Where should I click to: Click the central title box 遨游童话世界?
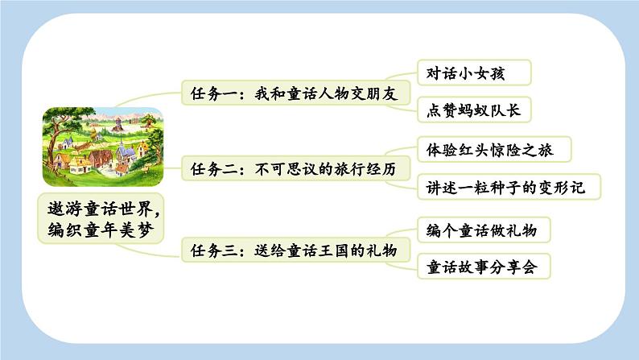[104, 220]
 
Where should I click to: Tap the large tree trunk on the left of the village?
[53, 153]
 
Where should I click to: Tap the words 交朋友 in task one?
[375, 92]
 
